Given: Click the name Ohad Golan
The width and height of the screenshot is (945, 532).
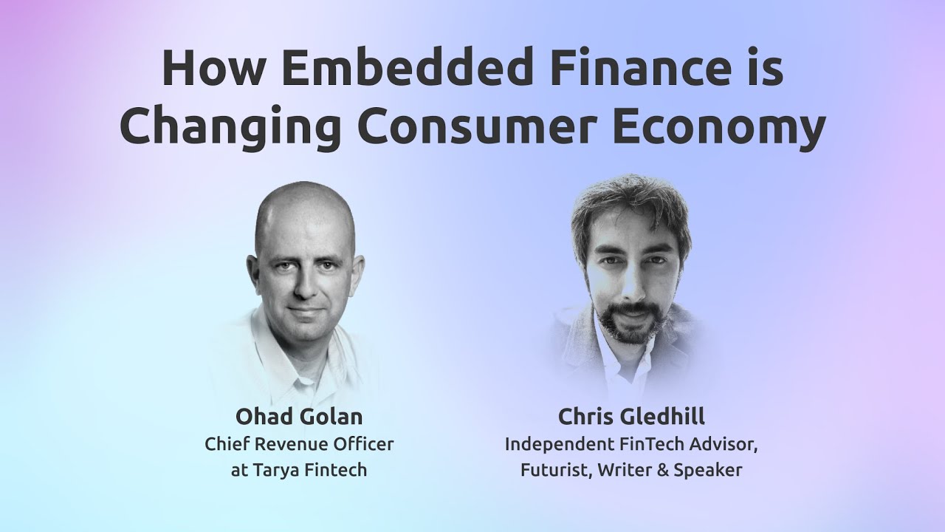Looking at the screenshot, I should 299,417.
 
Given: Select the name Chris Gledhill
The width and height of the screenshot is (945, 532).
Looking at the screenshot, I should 631,417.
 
